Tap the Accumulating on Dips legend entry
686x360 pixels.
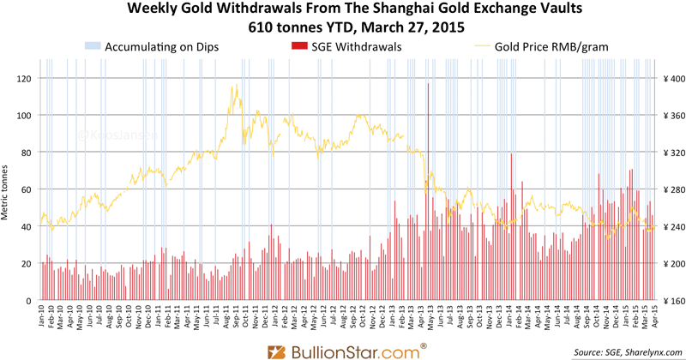160,46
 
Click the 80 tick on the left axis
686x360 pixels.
27,153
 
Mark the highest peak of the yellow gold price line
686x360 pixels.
233,85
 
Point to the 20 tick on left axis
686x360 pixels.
27,264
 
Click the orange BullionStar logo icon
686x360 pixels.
277,350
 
